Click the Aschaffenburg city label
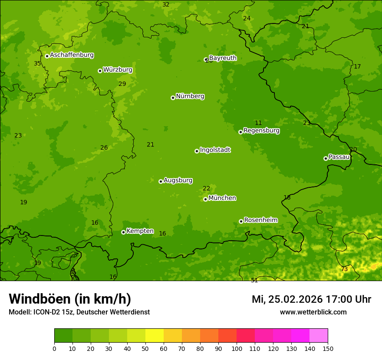tap(72, 55)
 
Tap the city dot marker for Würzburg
tap(100, 71)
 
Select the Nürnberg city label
tap(190, 96)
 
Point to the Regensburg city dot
tap(240, 132)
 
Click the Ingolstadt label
tap(215, 150)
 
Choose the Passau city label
tap(339, 157)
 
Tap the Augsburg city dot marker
tap(161, 181)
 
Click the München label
tap(222, 198)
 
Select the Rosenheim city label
tap(260, 220)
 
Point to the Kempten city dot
tap(123, 232)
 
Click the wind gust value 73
tap(344, 269)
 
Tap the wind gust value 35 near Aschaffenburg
tap(37, 64)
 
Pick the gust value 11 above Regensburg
tap(258, 123)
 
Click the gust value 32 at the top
tap(166, 5)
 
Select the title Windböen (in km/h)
tap(70, 299)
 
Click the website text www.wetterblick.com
tap(313, 312)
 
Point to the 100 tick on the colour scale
tap(237, 349)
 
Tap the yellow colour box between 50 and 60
tap(155, 335)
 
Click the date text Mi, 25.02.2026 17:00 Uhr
tap(311, 299)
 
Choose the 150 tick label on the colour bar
tap(328, 349)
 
